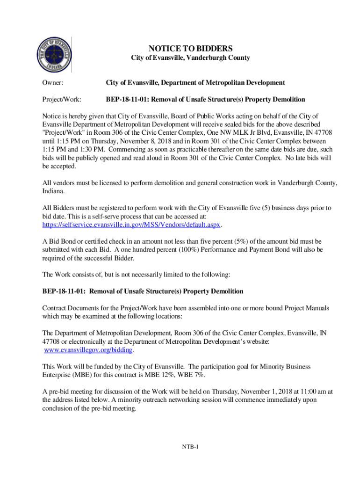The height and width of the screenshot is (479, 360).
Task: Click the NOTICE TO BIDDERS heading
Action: coord(190,49)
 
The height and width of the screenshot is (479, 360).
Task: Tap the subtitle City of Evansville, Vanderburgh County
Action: coord(190,58)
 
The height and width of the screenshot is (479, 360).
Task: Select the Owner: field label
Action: coord(53,83)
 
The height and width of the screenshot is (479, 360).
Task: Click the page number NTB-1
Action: coord(191,447)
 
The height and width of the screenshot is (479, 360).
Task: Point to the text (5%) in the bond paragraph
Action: coord(247,241)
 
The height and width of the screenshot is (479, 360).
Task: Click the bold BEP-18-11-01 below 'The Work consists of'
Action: coord(63,291)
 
